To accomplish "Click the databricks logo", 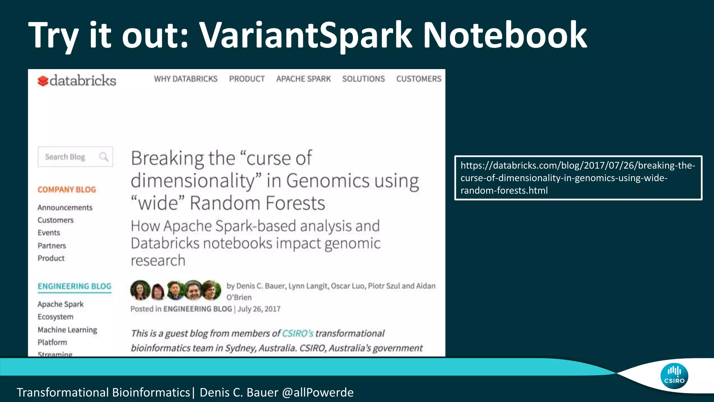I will (77, 81).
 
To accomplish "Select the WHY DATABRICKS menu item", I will (185, 79).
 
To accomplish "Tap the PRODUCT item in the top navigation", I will (247, 79).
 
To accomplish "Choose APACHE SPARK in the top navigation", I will (303, 79).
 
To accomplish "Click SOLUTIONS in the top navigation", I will (363, 79).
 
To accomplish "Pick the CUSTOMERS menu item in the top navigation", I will (419, 79).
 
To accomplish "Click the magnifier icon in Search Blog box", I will (104, 157).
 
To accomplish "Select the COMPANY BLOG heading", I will (67, 189).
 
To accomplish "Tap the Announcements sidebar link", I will (65, 208).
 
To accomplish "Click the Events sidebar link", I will (49, 233).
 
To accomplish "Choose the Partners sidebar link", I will (52, 246).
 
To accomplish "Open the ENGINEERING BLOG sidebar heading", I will (74, 286).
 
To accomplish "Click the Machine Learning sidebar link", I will (67, 330).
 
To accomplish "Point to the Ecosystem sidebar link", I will (55, 317).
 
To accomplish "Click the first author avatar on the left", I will (140, 290).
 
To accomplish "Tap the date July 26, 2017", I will (259, 309).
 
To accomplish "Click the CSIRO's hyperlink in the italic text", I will (297, 333).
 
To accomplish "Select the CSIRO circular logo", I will (674, 376).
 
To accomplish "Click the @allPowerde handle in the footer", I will (318, 392).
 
